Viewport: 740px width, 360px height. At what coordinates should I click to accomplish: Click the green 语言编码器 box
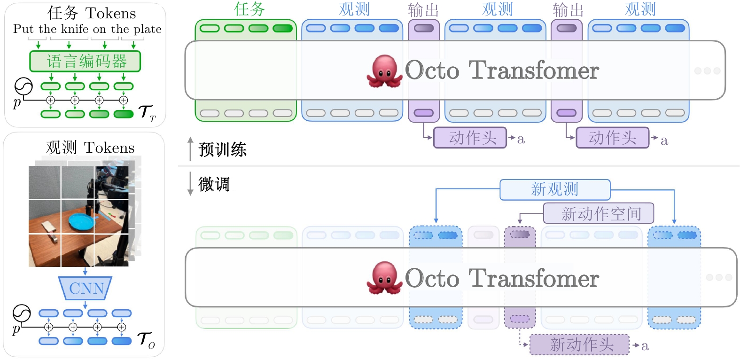click(x=85, y=61)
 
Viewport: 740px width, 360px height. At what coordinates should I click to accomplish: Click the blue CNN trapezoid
click(x=85, y=288)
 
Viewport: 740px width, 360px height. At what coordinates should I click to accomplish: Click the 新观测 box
click(x=555, y=189)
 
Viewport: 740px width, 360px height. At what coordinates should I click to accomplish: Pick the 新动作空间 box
click(x=599, y=213)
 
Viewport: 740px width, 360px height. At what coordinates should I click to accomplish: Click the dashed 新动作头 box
click(x=579, y=344)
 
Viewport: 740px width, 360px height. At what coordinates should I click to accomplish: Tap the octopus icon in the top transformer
click(x=384, y=71)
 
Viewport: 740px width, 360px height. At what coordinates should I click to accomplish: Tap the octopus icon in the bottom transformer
click(x=384, y=278)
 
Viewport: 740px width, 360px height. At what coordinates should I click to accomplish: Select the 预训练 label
click(x=222, y=149)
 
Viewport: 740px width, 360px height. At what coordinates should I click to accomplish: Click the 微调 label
click(x=214, y=184)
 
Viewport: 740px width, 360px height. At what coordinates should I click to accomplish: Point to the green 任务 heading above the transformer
click(x=249, y=9)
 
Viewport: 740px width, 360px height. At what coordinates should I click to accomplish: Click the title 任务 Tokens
click(x=92, y=13)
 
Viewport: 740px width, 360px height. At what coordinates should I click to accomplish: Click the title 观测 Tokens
click(x=90, y=148)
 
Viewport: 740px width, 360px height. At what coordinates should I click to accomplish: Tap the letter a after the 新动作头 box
click(x=645, y=346)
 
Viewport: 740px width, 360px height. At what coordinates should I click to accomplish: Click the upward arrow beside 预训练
click(x=190, y=148)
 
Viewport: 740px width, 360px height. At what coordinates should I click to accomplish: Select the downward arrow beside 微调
click(x=190, y=184)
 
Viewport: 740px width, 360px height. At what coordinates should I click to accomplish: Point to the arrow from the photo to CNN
click(x=85, y=271)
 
